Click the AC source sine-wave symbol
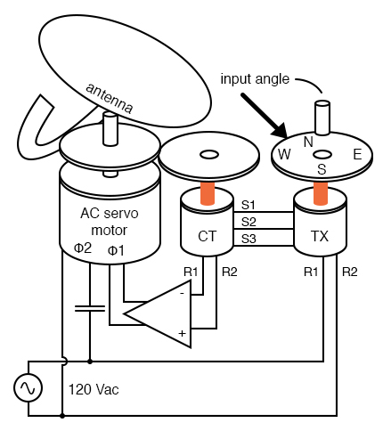(x=29, y=387)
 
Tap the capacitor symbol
(x=90, y=308)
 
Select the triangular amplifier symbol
(x=158, y=313)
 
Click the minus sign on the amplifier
(x=183, y=294)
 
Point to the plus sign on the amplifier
(x=182, y=333)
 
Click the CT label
(x=208, y=236)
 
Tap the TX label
(x=320, y=236)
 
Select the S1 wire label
(x=249, y=205)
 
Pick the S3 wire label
(x=249, y=239)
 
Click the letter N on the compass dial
(x=308, y=142)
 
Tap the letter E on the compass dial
(x=357, y=155)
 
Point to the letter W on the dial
(x=284, y=154)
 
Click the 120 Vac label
(x=94, y=389)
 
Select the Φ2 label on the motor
(x=83, y=248)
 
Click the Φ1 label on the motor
(x=116, y=251)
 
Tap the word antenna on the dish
(x=109, y=98)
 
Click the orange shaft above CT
(x=208, y=193)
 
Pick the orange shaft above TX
(x=321, y=193)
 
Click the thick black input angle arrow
(x=264, y=116)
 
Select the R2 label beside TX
(x=350, y=272)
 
